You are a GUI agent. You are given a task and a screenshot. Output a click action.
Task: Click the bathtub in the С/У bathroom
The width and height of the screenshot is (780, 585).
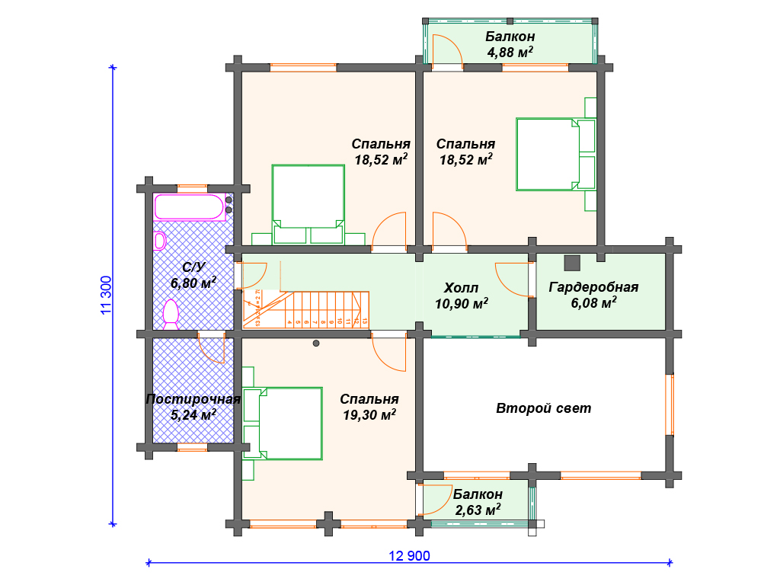tap(190, 207)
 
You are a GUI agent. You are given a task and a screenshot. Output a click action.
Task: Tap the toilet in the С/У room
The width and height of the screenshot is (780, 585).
tap(171, 313)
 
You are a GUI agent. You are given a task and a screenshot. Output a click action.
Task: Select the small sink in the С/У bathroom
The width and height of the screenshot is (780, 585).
tap(160, 241)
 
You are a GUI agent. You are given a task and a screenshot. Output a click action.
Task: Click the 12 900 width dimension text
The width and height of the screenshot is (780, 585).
tap(409, 556)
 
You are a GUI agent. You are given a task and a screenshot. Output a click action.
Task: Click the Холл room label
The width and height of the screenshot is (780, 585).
tap(462, 288)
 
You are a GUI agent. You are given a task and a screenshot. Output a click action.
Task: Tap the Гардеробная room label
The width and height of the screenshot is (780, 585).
tap(593, 287)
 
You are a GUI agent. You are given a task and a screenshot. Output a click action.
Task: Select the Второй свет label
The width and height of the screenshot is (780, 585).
tap(543, 408)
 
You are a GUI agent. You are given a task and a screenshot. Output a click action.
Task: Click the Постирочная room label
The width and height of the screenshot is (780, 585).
tap(193, 399)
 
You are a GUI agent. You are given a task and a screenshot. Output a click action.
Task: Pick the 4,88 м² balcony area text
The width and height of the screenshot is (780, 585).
tap(510, 53)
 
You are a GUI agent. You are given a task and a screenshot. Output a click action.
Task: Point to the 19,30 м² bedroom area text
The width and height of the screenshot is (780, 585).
tap(369, 415)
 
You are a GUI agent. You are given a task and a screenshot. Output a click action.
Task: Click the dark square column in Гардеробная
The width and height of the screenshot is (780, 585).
tap(572, 262)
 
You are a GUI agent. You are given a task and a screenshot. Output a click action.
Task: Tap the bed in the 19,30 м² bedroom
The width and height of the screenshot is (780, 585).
tap(289, 423)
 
